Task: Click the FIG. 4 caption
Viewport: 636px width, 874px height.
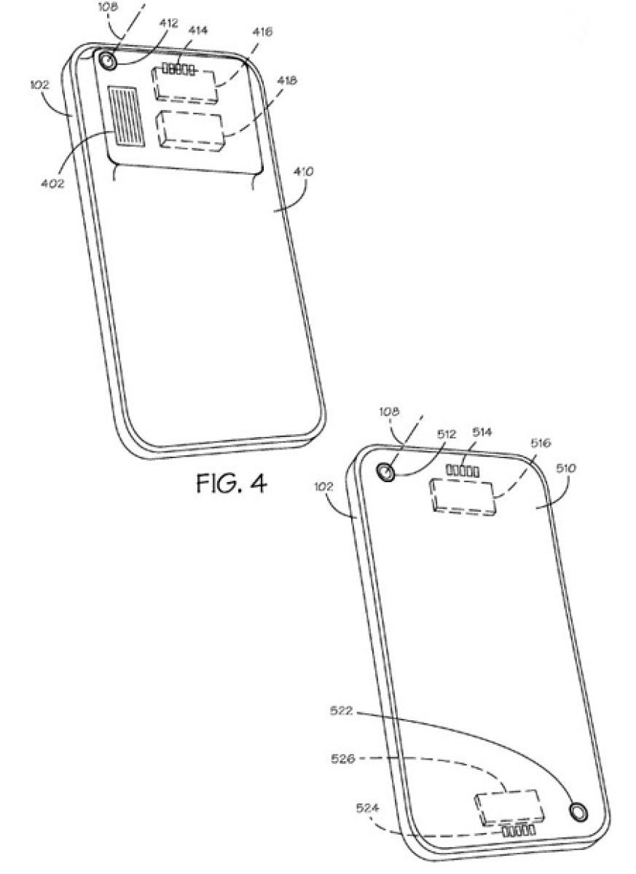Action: click(229, 484)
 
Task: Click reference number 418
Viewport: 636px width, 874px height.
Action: click(286, 82)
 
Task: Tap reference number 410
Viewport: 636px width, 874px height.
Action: click(304, 173)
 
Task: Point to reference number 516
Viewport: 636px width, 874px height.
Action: click(540, 442)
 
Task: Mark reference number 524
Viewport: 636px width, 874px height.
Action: click(366, 807)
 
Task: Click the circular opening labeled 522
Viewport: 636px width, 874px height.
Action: click(578, 811)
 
